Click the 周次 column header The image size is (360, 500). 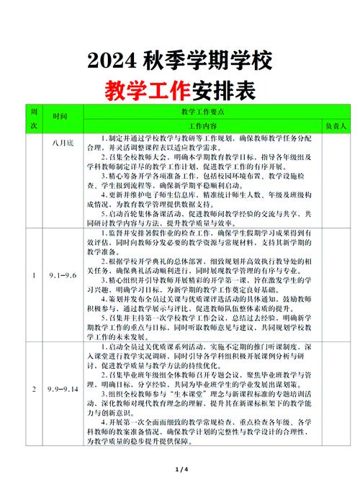pos(32,119)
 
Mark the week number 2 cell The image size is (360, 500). pos(32,389)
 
